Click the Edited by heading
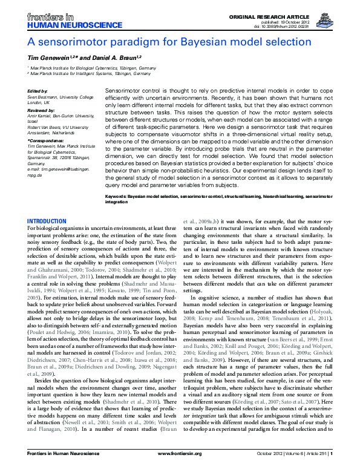[x=38, y=91]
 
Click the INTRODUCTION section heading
[x=47, y=221]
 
